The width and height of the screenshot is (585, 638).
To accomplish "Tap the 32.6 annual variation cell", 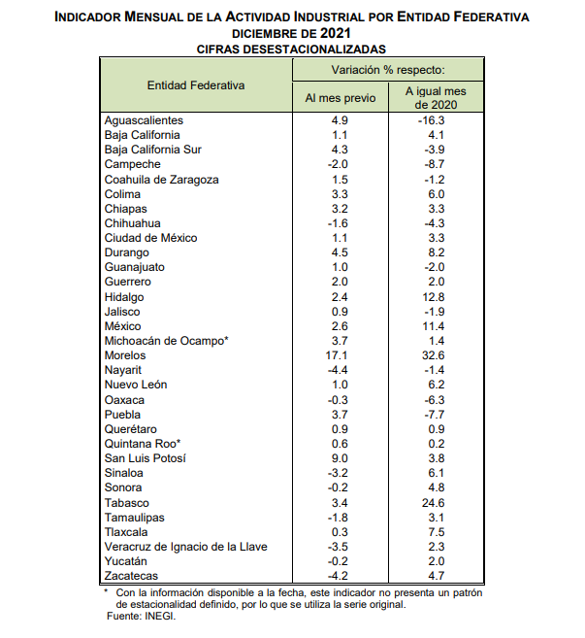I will pos(434,355).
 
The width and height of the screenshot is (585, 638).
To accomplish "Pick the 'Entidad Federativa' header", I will pos(195,84).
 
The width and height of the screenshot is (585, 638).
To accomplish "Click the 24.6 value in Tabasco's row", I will pos(434,502).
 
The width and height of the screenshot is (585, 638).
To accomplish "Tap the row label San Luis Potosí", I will pos(145,458).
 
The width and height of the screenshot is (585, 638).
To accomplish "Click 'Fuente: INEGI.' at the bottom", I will pos(145,615).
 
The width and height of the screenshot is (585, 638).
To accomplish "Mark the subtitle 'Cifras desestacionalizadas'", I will pos(291,48).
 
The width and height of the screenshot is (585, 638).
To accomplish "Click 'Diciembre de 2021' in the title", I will pos(291,33).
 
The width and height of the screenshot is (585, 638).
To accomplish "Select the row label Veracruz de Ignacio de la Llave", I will pos(185,547).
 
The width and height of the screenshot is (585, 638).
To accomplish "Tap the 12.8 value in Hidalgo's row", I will pos(434,297).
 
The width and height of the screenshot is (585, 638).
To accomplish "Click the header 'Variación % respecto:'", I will pos(387,70).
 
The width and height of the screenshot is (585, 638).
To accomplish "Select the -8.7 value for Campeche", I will pos(434,165).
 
